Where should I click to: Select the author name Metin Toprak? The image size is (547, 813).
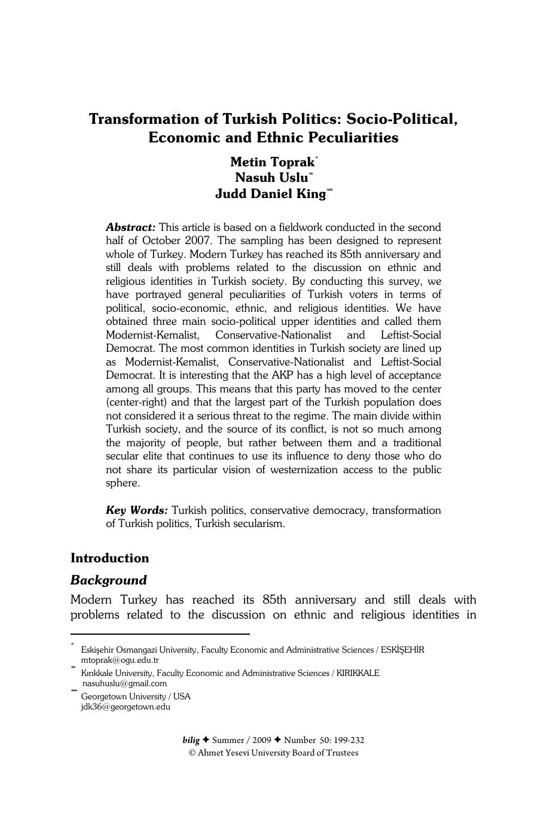(x=272, y=162)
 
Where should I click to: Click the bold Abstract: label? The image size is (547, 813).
(x=130, y=227)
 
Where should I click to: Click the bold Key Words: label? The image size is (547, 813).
(x=136, y=510)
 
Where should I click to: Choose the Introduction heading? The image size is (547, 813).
(x=109, y=558)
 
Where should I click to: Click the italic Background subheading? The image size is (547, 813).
(x=108, y=580)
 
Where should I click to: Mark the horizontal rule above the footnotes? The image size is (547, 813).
(x=160, y=634)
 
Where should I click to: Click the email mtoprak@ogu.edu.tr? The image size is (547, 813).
(x=120, y=660)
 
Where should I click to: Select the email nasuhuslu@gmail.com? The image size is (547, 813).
(x=124, y=683)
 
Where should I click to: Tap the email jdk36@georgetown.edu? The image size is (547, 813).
(x=126, y=707)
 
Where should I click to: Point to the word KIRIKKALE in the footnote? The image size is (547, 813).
(x=357, y=673)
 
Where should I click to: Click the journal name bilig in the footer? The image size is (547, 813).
(x=191, y=740)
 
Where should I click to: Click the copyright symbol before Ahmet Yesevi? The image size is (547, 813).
(x=192, y=753)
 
